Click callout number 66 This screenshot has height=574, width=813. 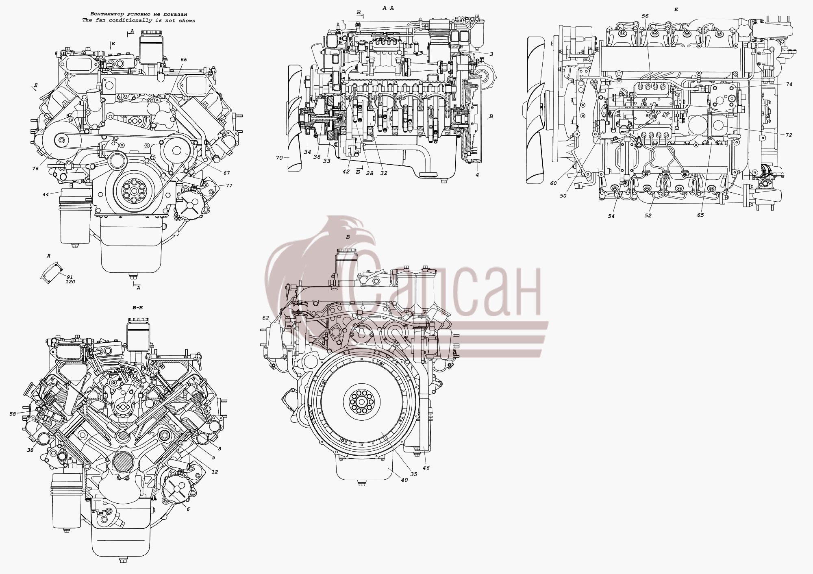tap(183, 60)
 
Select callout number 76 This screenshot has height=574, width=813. tap(36, 168)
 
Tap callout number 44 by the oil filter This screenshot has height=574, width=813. tap(46, 194)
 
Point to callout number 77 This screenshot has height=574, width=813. tap(229, 185)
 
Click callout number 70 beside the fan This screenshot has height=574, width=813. tap(279, 157)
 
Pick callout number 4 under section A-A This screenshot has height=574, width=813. tap(477, 175)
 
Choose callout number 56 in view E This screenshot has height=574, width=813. tap(645, 16)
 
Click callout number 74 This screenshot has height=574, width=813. tap(789, 84)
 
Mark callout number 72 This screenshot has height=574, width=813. tap(789, 135)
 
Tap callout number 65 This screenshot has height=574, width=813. tap(700, 215)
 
